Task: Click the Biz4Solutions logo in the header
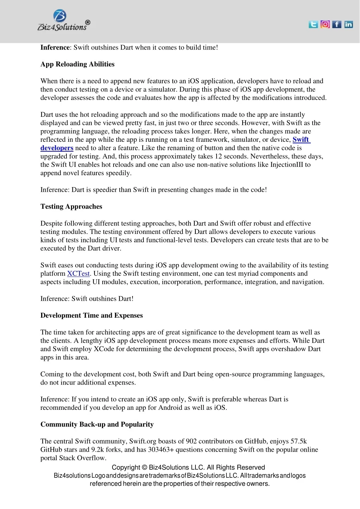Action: pyautogui.click(x=63, y=21)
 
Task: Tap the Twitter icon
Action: pyautogui.click(x=313, y=24)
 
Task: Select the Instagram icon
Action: pyautogui.click(x=325, y=24)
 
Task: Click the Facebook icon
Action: pyautogui.click(x=337, y=24)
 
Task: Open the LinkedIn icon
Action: pyautogui.click(x=348, y=24)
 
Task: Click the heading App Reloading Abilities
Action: pyautogui.click(x=77, y=64)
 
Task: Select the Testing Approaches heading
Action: pyautogui.click(x=71, y=206)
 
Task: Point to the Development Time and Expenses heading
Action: pyautogui.click(x=91, y=316)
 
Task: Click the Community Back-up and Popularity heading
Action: pyautogui.click(x=97, y=425)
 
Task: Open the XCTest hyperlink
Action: pyautogui.click(x=78, y=274)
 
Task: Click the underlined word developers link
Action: pyautogui.click(x=57, y=148)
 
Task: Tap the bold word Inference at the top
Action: pyautogui.click(x=55, y=47)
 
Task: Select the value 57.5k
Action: pyautogui.click(x=299, y=441)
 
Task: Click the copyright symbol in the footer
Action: pyautogui.click(x=144, y=467)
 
